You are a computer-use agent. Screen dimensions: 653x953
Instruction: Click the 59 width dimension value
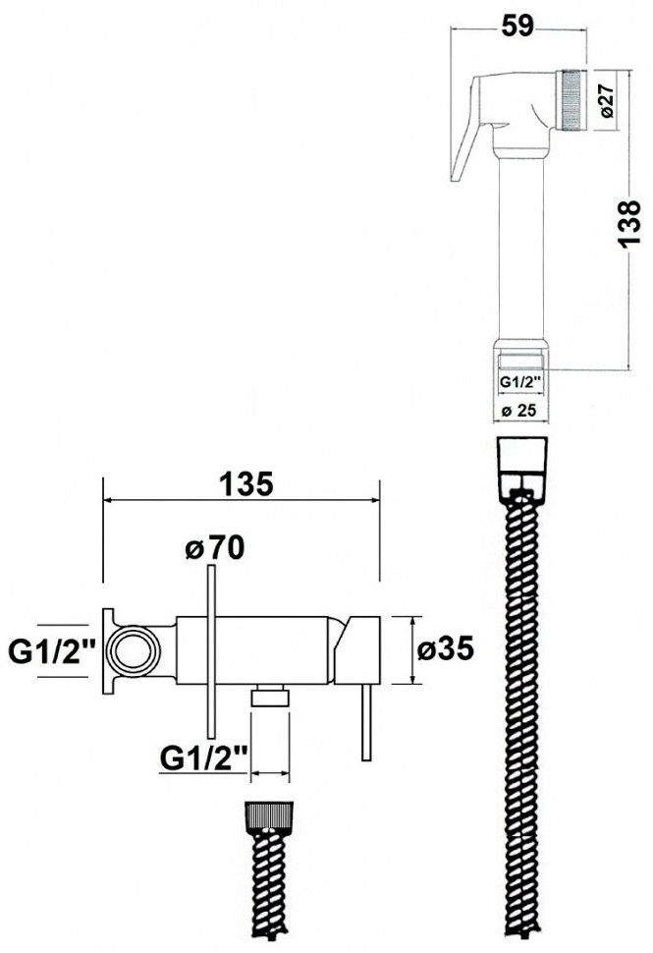click(517, 26)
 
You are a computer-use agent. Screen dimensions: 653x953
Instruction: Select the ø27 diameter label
click(608, 100)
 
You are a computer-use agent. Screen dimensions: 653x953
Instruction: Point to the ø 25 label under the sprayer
click(518, 411)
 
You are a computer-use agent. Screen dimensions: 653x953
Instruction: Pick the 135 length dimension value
click(245, 484)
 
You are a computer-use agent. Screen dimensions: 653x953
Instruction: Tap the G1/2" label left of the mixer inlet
click(52, 653)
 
